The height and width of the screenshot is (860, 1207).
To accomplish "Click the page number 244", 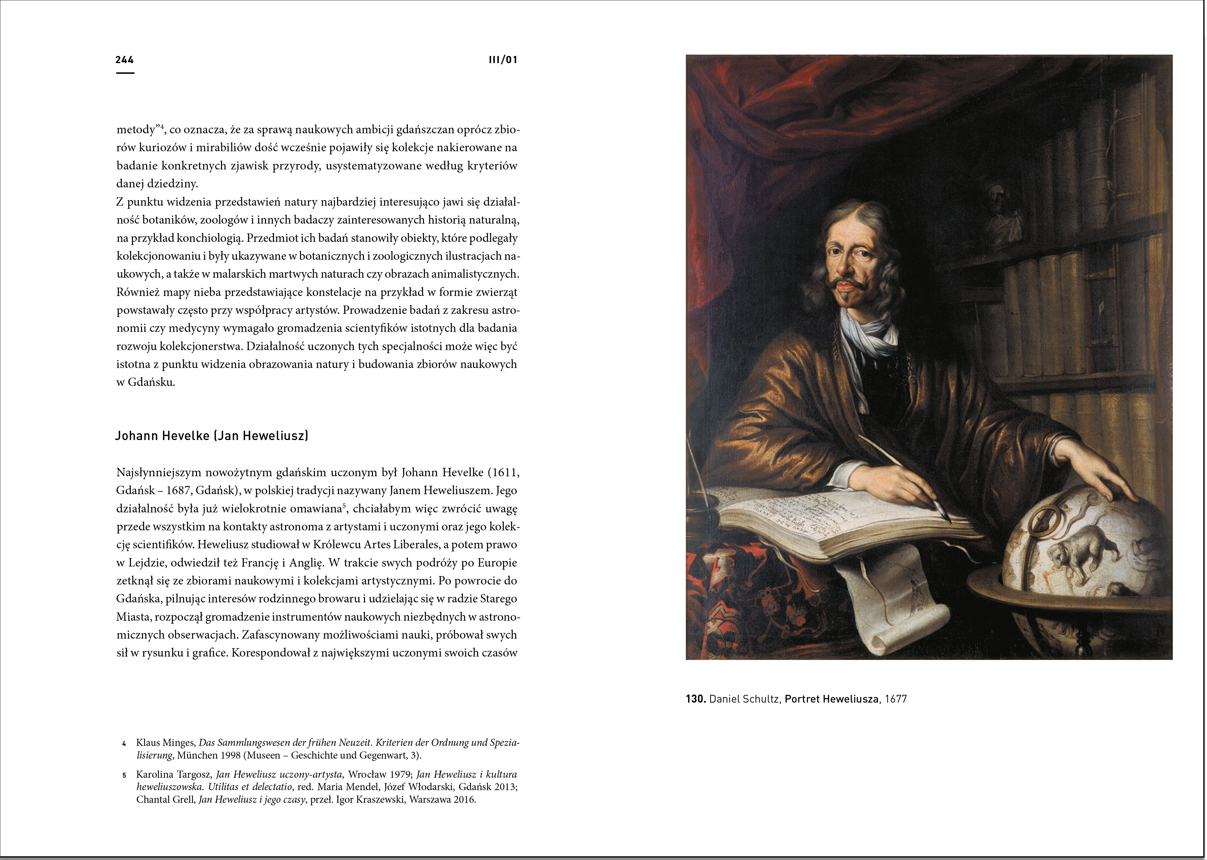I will [124, 60].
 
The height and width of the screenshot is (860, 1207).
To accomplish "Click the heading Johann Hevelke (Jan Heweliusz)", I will [212, 436].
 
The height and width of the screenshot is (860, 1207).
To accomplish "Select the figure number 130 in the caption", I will [696, 699].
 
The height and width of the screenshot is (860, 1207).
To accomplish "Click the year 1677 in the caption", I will [896, 699].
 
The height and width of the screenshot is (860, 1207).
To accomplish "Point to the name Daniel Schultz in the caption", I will [743, 699].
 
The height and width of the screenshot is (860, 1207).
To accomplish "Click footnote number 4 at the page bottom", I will [124, 743].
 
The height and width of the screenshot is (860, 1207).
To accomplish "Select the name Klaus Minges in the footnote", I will [165, 742].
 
